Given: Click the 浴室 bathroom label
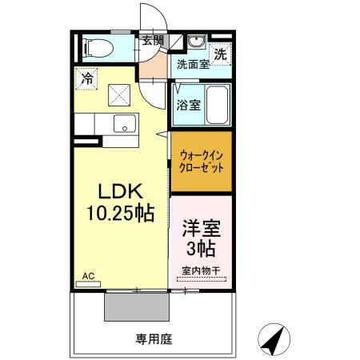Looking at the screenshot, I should point(188,104).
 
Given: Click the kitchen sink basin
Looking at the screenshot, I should point(124,124).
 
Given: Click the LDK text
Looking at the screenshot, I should point(120,193).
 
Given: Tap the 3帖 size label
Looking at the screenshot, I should point(202,246).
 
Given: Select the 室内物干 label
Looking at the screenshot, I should point(202,270).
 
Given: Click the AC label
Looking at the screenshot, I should point(87,276).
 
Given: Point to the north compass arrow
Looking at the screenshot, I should point(274,341).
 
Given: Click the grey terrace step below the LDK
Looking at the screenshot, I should point(136,306).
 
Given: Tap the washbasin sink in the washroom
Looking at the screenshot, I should point(197,42).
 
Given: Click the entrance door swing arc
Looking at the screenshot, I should point(151,18).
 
